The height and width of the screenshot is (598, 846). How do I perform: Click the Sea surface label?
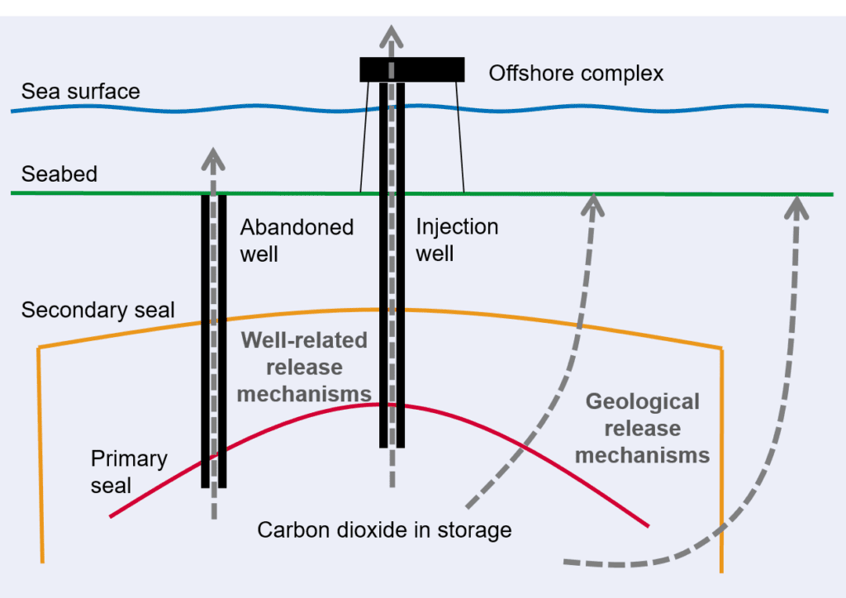[x=80, y=91]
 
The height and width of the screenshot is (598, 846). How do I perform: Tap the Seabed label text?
[x=59, y=174]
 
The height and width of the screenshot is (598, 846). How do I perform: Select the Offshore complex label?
[x=576, y=74]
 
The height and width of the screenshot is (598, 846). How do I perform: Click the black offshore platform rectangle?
[x=412, y=69]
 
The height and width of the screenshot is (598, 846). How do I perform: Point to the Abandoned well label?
[x=297, y=240]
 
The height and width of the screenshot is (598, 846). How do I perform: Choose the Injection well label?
[x=457, y=240]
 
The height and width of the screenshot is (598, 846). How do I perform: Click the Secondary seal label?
[x=97, y=310]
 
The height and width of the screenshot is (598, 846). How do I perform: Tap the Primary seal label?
[x=129, y=472]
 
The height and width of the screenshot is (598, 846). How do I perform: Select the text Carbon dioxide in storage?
[x=384, y=529]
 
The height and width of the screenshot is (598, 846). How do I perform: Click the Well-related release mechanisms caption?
[x=304, y=368]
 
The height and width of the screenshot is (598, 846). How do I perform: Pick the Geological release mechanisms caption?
[x=642, y=429]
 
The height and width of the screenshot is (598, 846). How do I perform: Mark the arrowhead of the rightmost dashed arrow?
[x=796, y=207]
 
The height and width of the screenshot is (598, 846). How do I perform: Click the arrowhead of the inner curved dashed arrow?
[x=593, y=205]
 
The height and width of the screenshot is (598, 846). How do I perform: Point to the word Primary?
[x=129, y=459]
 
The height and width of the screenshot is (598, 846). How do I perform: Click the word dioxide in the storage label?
[x=373, y=529]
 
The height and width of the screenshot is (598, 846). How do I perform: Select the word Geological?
[x=643, y=402]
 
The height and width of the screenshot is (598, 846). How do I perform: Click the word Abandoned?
[x=297, y=227]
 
